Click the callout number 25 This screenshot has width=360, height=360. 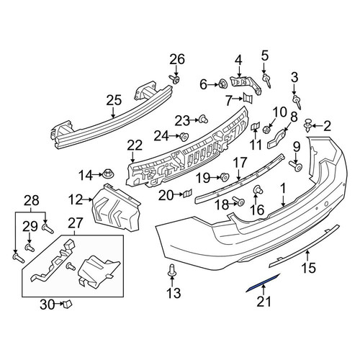(114, 100)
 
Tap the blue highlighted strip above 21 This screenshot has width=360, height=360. (263, 283)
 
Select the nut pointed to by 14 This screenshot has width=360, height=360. (109, 174)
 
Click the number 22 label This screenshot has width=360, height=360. (135, 145)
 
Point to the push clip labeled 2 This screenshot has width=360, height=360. (307, 125)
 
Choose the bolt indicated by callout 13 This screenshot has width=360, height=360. (171, 269)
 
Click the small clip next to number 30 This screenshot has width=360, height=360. (67, 304)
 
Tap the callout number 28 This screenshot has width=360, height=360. (32, 201)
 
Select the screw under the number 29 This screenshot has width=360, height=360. (30, 248)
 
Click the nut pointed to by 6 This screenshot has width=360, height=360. (222, 84)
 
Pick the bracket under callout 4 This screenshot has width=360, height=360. (246, 84)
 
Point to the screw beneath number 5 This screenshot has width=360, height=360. (267, 81)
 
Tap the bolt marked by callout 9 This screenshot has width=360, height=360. (296, 166)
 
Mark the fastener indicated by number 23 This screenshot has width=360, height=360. (204, 120)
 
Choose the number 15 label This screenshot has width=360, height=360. (309, 267)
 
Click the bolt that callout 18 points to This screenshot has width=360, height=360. (238, 202)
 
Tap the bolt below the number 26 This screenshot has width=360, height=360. (175, 79)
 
